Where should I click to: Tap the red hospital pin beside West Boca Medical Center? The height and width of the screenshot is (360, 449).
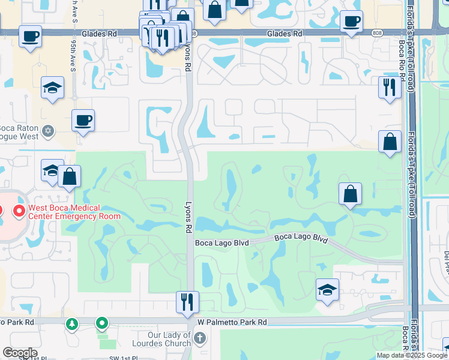coord(19,211)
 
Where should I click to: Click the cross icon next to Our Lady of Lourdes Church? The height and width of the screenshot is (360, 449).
coord(200,339)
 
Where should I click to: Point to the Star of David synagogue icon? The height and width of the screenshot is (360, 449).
coord(49,130)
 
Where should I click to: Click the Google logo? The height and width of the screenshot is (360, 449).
coord(20,353)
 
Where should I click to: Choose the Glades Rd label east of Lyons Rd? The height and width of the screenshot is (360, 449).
coord(284,34)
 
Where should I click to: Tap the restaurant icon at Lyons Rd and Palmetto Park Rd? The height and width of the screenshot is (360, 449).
coord(187,302)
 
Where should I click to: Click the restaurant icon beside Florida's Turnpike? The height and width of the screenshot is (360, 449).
coord(390,88)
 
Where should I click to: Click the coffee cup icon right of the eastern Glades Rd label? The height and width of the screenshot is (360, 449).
coord(351,21)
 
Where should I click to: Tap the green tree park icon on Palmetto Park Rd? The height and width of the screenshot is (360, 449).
coord(72,324)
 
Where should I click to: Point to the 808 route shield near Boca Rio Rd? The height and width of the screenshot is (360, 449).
coord(376,32)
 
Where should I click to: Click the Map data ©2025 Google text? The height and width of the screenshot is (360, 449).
coord(412,355)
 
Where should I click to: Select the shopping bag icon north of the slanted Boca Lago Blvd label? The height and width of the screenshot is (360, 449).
coord(350,194)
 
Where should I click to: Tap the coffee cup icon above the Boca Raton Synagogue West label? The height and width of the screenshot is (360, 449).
coord(83,120)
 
